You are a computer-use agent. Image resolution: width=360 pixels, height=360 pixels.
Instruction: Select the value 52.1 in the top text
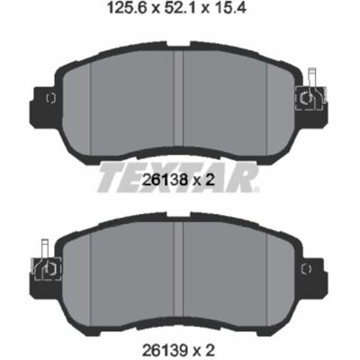[178, 9]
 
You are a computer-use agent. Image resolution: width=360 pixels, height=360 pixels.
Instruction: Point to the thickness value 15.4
[229, 9]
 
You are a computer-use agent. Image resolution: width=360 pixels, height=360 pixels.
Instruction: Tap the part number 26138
[165, 180]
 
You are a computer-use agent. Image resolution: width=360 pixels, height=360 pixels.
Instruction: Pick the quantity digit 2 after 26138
[211, 180]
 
